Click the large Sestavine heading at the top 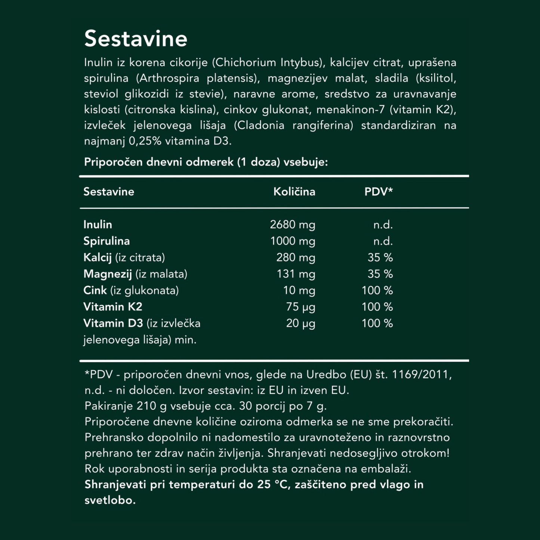click(x=136, y=39)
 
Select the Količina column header click(x=294, y=192)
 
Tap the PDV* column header click(x=378, y=192)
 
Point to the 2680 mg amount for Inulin click(x=292, y=225)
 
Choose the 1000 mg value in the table click(x=293, y=241)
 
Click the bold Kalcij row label click(x=98, y=257)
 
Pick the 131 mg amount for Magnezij click(x=296, y=274)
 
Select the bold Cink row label click(x=95, y=290)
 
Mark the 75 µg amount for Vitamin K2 click(x=300, y=307)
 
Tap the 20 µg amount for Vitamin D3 click(x=300, y=323)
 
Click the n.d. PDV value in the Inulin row click(x=383, y=225)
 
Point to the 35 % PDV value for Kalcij click(x=380, y=257)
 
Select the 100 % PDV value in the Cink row click(x=377, y=290)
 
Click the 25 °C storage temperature click(x=274, y=485)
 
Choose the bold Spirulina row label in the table click(x=107, y=241)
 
